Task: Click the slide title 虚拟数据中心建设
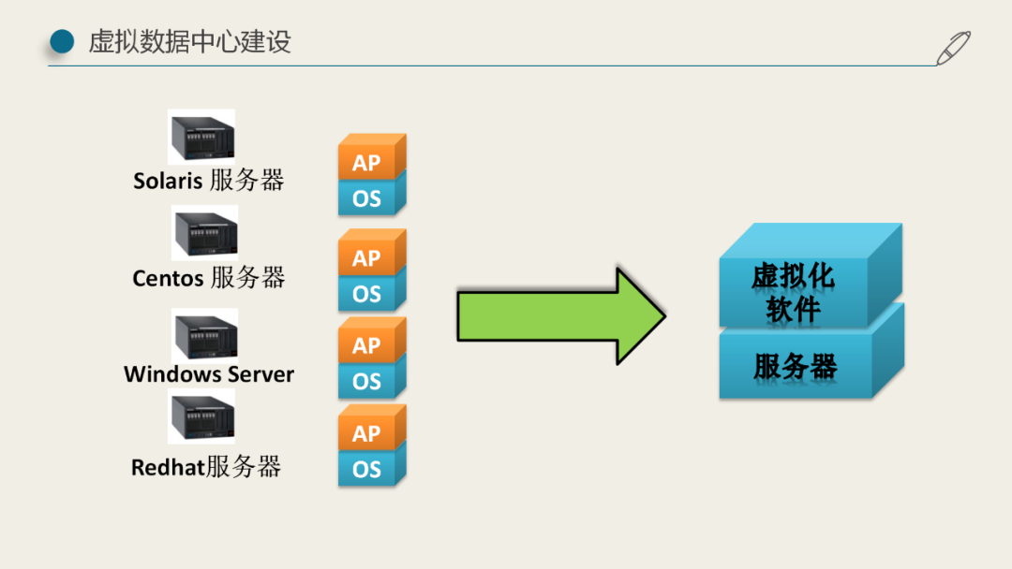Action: pos(189,41)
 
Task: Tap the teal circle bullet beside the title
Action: pos(62,41)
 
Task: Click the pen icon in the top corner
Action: pos(954,47)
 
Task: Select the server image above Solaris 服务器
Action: pos(201,137)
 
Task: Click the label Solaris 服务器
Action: pos(208,180)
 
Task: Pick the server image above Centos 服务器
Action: pos(204,233)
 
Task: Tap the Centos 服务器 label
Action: pos(208,277)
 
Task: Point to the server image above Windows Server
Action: pos(204,334)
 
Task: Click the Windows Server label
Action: pos(209,374)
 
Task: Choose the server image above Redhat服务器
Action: pos(201,417)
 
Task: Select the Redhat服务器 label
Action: pos(206,466)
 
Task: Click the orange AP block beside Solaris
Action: pos(367,162)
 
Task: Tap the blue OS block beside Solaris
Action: pos(367,198)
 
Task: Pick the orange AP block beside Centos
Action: pos(367,257)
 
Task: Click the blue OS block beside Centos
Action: pos(367,294)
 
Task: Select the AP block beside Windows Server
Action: pos(367,345)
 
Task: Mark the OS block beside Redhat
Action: pos(367,469)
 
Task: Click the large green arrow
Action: pos(558,316)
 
